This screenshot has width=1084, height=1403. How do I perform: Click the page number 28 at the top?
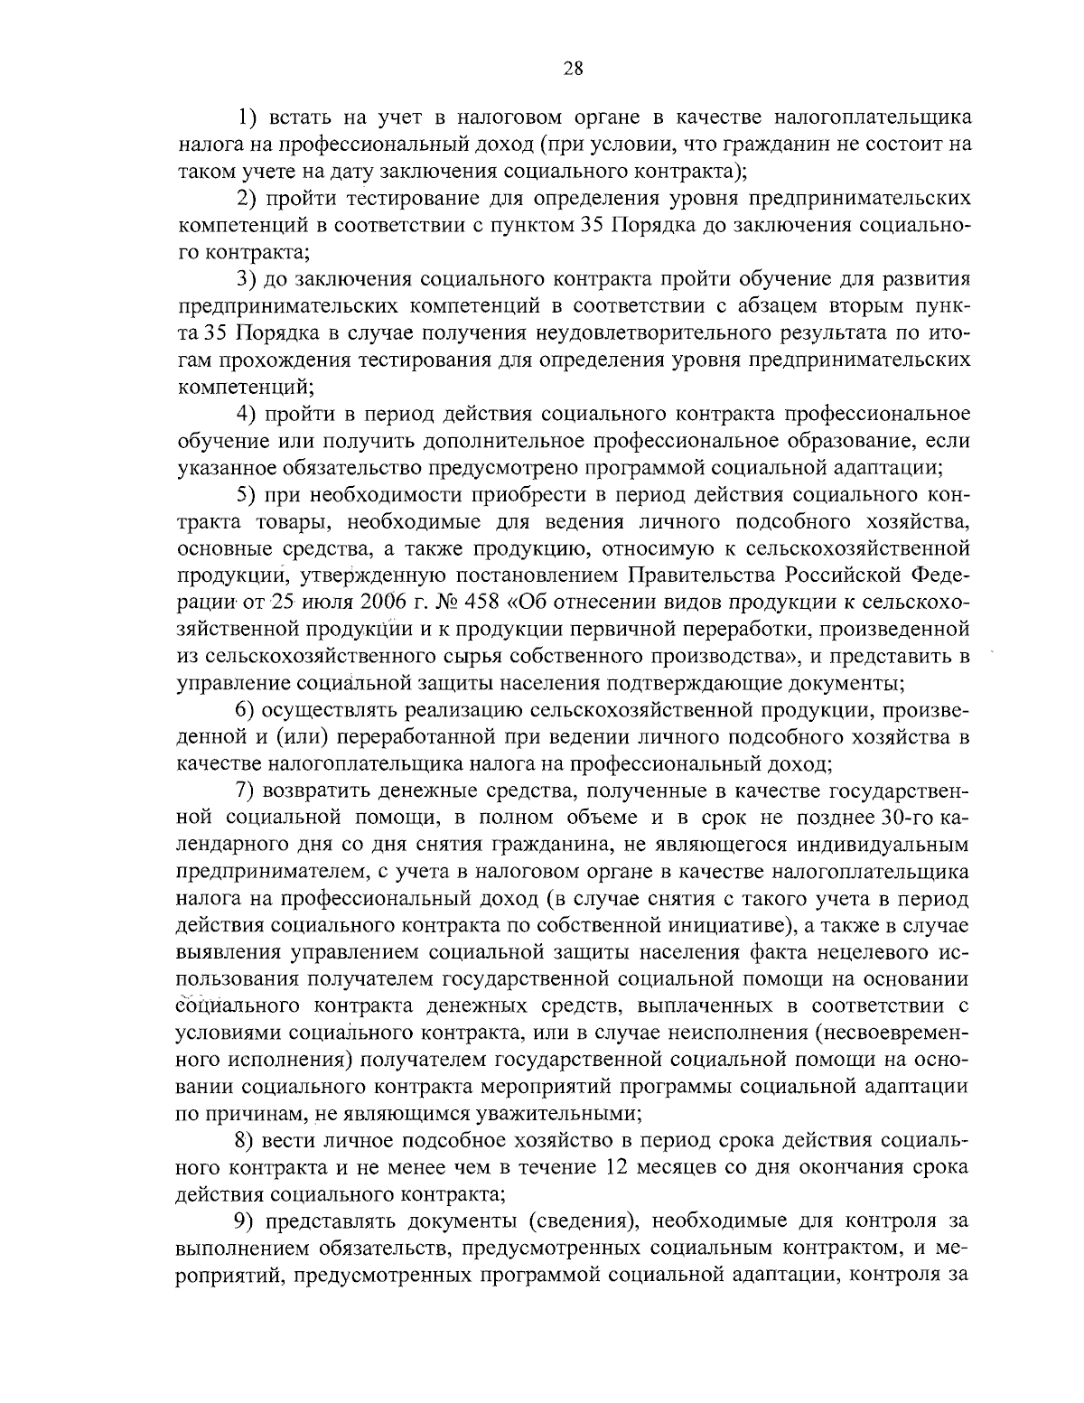(574, 68)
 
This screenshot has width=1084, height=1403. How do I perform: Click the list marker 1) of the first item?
(248, 117)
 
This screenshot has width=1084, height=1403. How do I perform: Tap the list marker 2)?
(248, 198)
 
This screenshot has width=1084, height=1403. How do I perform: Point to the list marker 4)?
(248, 414)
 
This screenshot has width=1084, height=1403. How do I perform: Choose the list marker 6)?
(248, 710)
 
